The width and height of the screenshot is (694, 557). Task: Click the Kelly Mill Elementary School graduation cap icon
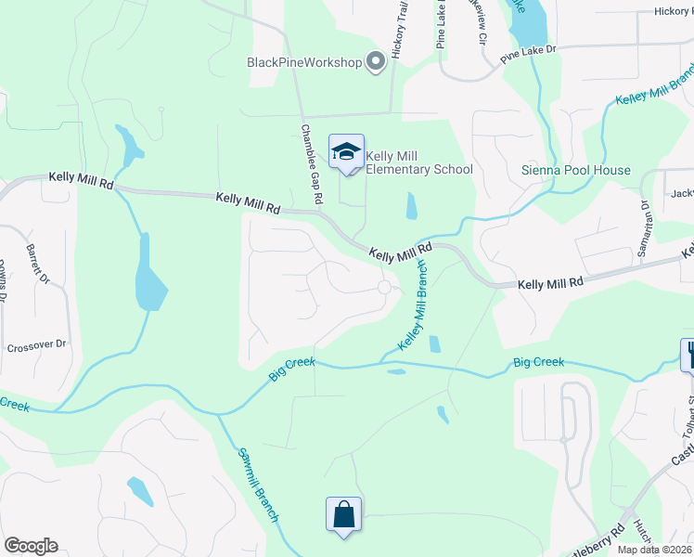click(x=346, y=151)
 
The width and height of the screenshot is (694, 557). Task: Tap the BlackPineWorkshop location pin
click(x=376, y=61)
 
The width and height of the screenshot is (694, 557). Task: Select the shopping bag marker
click(x=342, y=513)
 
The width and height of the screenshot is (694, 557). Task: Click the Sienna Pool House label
click(x=575, y=170)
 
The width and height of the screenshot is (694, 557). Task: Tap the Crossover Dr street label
click(x=37, y=344)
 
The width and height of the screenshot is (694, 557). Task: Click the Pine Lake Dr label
click(x=528, y=53)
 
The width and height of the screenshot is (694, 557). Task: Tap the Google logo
click(x=31, y=546)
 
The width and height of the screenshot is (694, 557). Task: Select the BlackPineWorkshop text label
click(x=303, y=62)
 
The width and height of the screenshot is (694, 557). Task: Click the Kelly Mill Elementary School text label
click(x=419, y=162)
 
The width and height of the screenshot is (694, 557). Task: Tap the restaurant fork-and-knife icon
click(x=688, y=353)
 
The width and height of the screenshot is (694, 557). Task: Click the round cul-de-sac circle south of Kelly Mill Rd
click(x=385, y=288)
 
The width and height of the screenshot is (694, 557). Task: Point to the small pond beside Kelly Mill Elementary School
click(x=411, y=205)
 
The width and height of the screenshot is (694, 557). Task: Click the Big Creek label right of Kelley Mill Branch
click(x=536, y=362)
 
